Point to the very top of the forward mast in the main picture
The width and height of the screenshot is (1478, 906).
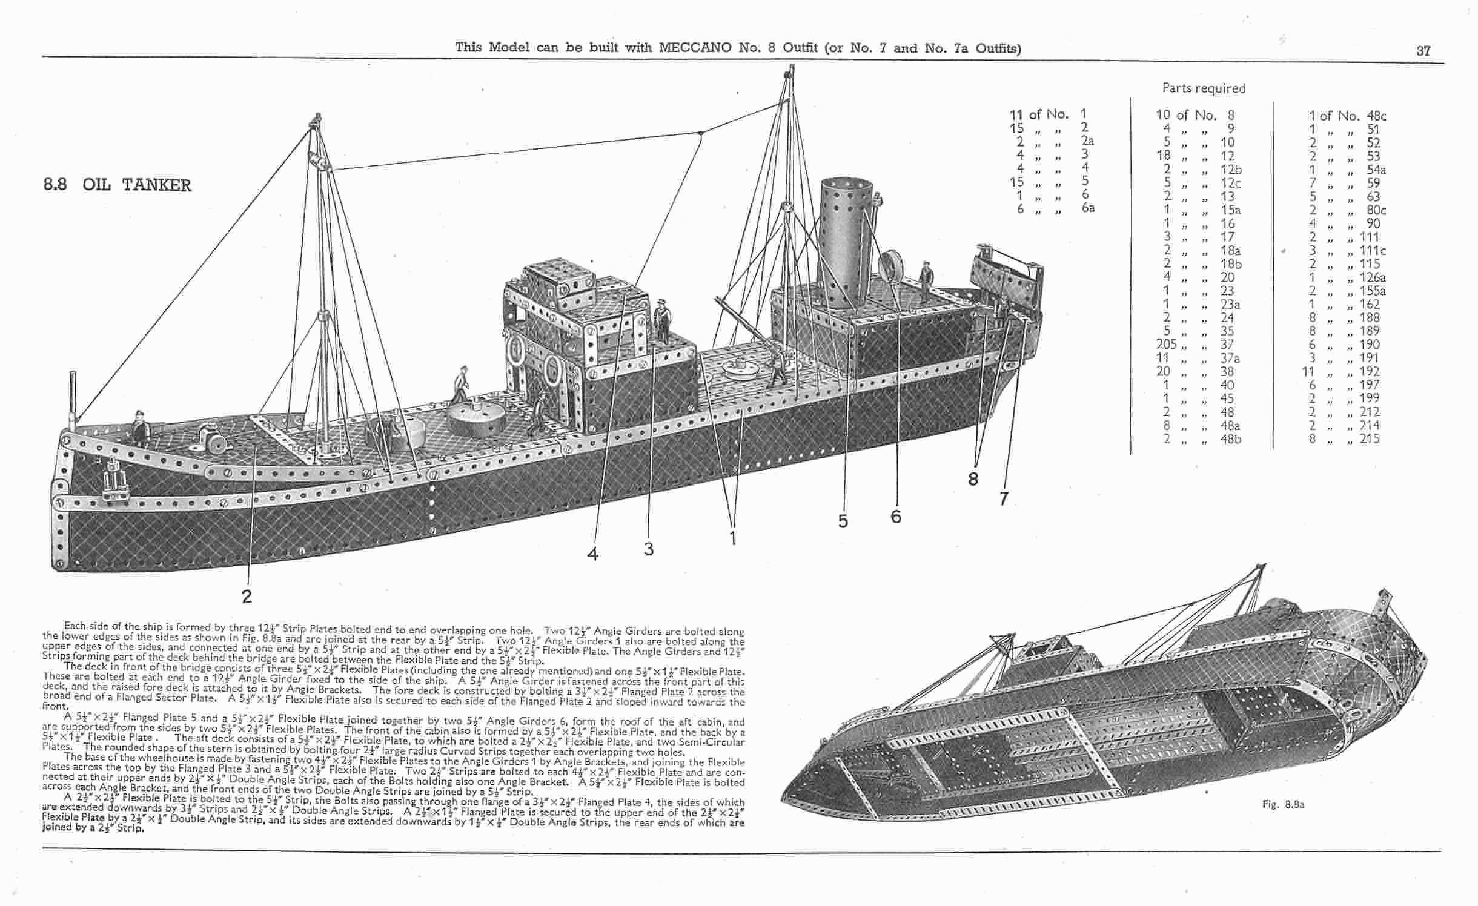coord(316,114)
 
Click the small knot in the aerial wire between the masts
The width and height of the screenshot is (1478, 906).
coord(700,133)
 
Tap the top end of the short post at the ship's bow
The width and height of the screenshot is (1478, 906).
coord(73,374)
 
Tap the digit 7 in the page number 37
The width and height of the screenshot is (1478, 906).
coord(1428,51)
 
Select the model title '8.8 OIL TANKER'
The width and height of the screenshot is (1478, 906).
coord(117,185)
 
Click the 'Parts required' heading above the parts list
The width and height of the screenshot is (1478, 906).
coord(1204,88)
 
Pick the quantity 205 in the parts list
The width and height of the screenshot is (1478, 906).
coord(1166,344)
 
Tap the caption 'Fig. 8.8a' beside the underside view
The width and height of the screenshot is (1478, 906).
coord(1283,804)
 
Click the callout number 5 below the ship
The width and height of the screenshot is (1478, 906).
coord(843,521)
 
